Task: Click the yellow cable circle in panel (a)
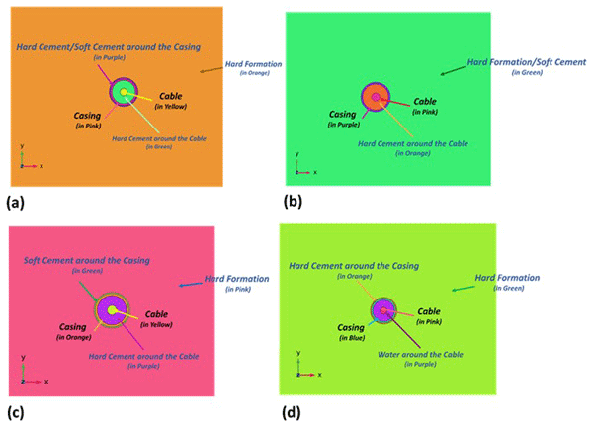click(x=123, y=93)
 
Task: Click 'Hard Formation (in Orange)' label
click(x=253, y=64)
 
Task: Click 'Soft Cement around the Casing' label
click(x=87, y=260)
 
